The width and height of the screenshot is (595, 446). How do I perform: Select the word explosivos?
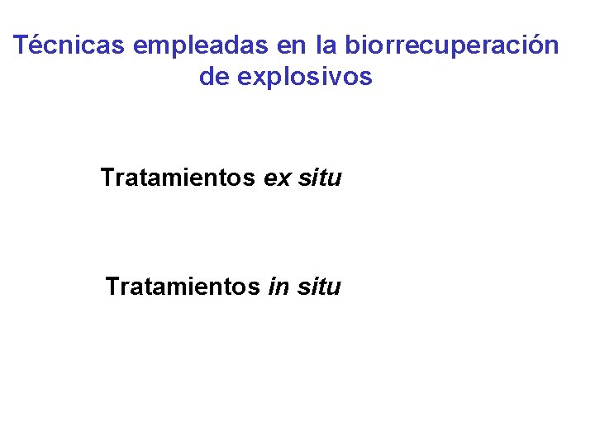[305, 78]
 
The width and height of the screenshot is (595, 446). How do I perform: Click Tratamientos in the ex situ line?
[178, 178]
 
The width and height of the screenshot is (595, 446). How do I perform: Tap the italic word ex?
[276, 178]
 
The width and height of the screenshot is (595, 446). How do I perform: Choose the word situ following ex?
[319, 178]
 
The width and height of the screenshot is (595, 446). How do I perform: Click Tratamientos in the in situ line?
[182, 287]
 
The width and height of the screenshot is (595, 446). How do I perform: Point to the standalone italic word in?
[277, 287]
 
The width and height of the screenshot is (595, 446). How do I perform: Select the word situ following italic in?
[318, 287]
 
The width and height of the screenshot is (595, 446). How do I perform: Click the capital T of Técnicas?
[22, 45]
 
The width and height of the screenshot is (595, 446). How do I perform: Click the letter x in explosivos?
[255, 78]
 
